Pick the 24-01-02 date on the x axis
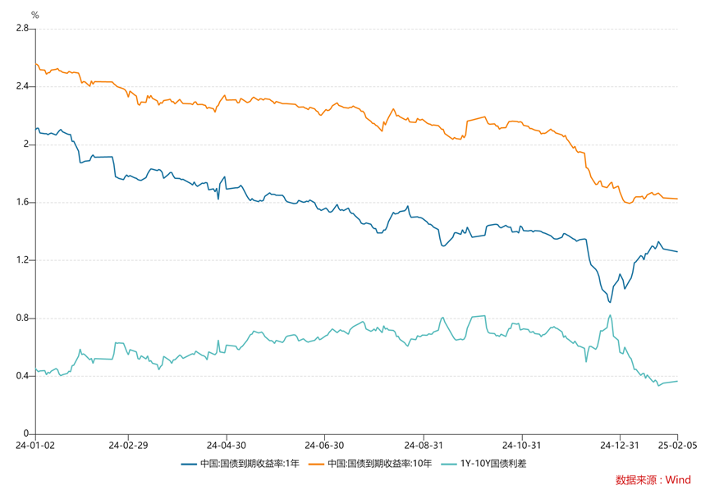(x=34, y=446)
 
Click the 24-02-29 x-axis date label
(x=128, y=446)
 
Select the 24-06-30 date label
(x=323, y=446)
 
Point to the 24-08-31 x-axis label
(x=423, y=446)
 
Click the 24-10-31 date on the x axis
(x=522, y=446)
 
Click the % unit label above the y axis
(x=34, y=15)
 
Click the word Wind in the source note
(x=678, y=480)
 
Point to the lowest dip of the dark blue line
(x=610, y=302)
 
